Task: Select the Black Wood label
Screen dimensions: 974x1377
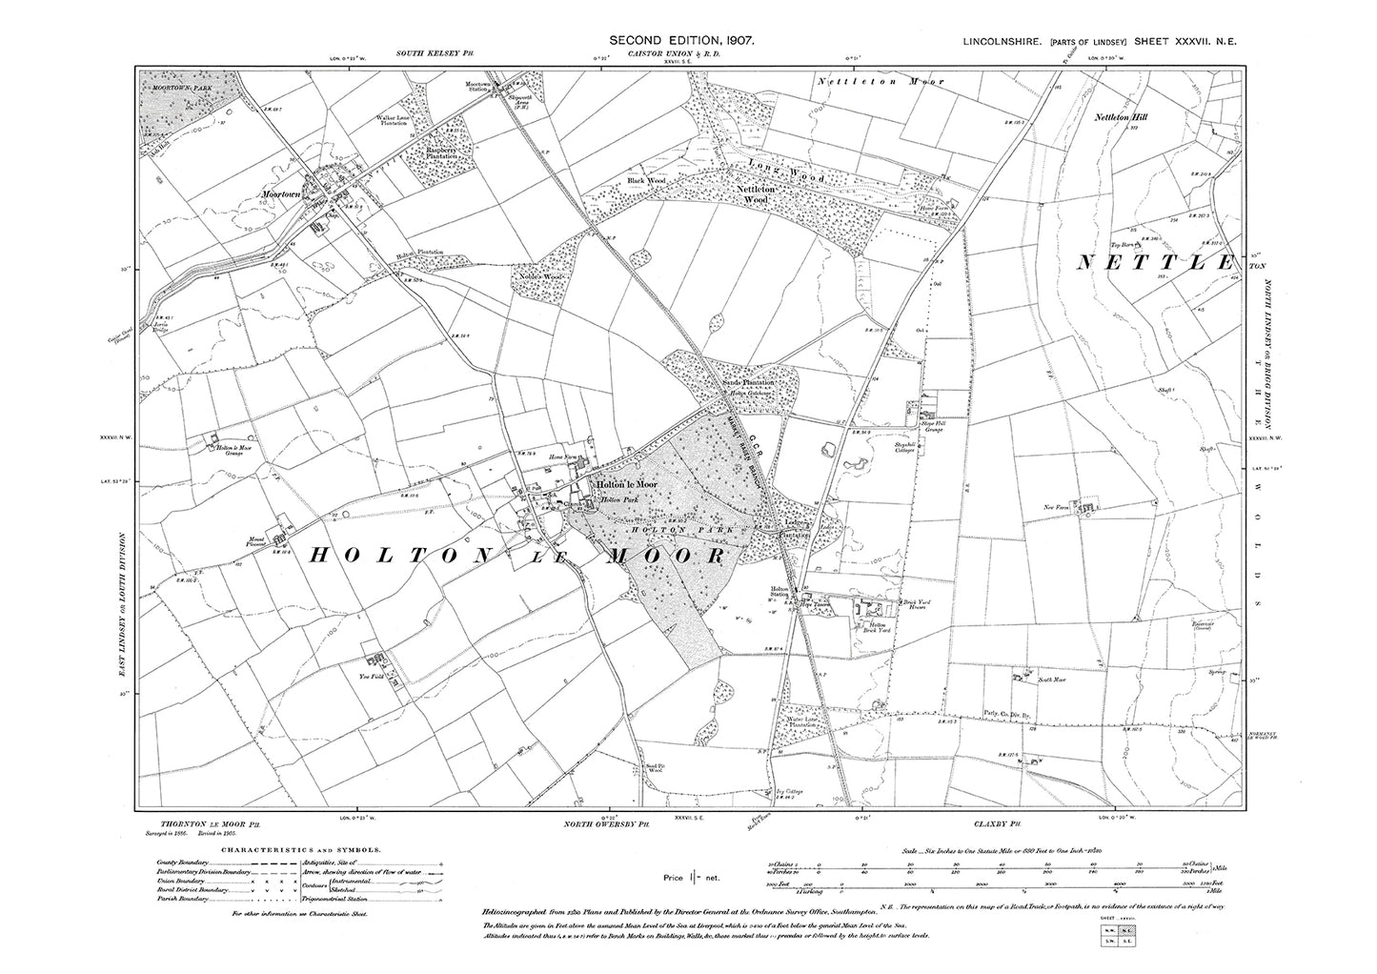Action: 644,179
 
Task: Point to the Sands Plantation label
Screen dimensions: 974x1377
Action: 745,382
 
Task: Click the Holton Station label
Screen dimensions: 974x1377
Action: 782,594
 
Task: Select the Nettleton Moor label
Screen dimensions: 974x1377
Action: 881,82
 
